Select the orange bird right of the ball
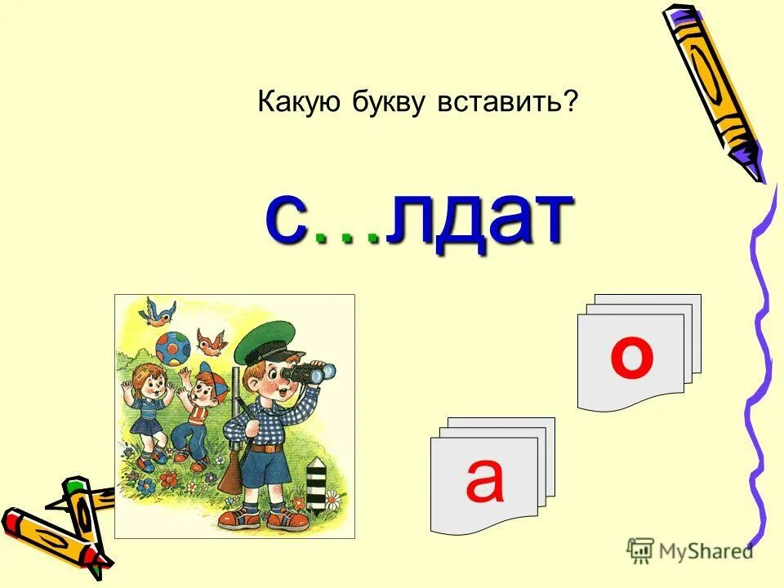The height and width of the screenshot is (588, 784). tap(212, 342)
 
